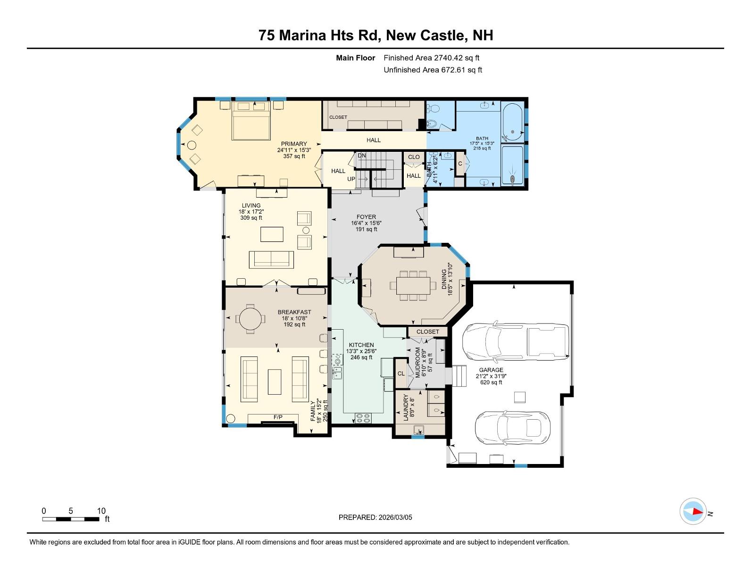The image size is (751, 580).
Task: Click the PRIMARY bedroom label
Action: click(294, 144)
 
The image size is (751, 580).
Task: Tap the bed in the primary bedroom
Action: click(251, 121)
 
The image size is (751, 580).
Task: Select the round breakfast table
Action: click(250, 318)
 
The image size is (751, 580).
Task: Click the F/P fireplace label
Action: click(278, 417)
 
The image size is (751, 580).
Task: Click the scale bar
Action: click(71, 519)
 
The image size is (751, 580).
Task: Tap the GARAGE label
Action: click(491, 370)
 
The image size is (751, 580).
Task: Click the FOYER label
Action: click(367, 217)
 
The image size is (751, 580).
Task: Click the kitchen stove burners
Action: click(363, 418)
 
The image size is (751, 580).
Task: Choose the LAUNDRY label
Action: click(406, 407)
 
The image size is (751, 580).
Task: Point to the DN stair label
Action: click(361, 156)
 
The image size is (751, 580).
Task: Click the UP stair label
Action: click(351, 179)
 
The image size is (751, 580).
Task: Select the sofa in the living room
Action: click(271, 260)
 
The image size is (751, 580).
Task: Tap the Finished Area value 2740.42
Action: click(448, 58)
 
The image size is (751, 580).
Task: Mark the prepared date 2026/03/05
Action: click(395, 517)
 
